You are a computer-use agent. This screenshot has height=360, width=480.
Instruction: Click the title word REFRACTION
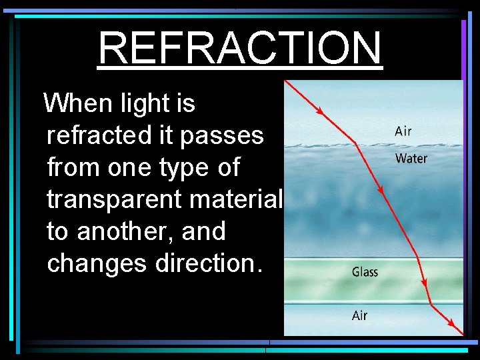coord(240,48)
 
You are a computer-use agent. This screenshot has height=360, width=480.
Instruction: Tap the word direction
coord(207,263)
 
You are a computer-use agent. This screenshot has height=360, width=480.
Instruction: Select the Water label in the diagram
coord(411,158)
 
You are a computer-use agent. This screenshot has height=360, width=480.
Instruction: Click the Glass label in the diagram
coord(365,271)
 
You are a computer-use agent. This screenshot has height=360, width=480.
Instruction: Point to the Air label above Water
coord(403,131)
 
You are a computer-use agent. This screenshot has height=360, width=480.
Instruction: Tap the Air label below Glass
coord(360,315)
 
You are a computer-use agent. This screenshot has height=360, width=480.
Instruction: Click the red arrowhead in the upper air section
coord(320,111)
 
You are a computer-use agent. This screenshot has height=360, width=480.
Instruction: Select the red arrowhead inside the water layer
coord(381,190)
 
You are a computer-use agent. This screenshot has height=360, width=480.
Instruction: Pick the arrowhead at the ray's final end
coord(459,329)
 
